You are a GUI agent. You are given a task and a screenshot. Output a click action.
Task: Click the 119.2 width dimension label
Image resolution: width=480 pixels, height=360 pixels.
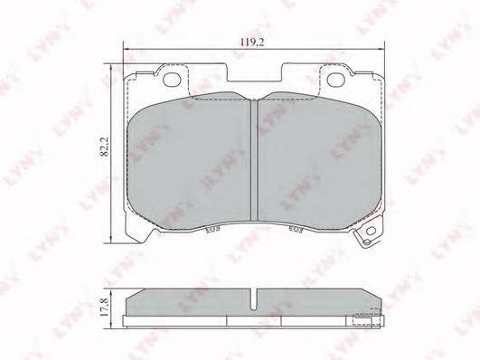pyautogui.click(x=251, y=43)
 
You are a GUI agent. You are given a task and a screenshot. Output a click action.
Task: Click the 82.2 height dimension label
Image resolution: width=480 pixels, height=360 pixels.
pyautogui.click(x=105, y=147)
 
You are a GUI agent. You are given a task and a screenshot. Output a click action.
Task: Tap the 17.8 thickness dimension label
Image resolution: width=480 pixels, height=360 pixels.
pyautogui.click(x=104, y=308)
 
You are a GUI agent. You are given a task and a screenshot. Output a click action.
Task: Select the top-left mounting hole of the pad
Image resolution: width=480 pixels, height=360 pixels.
pyautogui.click(x=171, y=80)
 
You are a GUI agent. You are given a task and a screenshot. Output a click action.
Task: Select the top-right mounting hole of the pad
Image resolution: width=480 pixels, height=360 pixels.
pyautogui.click(x=336, y=80)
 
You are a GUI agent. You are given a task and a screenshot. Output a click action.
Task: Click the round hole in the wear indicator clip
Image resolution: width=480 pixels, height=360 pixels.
pyautogui.click(x=371, y=231)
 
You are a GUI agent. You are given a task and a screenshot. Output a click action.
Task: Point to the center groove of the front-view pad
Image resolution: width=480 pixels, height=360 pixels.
pyautogui.click(x=254, y=160)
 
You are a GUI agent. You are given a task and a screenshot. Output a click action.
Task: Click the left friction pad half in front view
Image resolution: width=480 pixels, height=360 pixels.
pyautogui.click(x=189, y=161)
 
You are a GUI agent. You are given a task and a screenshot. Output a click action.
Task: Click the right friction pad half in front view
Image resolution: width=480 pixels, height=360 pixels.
pyautogui.click(x=320, y=161)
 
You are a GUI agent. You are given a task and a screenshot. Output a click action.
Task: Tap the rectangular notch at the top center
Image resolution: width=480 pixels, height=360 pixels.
pyautogui.click(x=255, y=72)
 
